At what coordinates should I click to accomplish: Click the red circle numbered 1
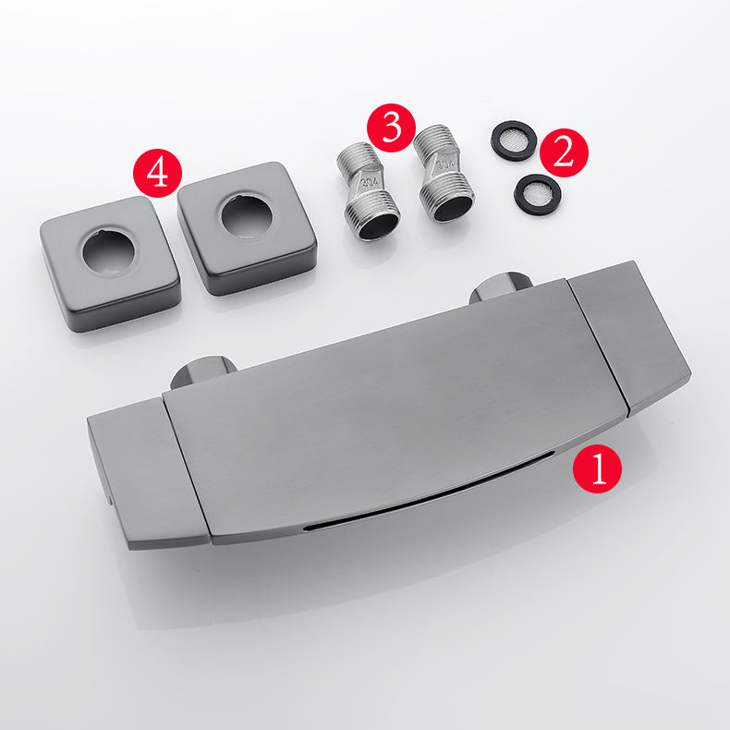(x=597, y=468)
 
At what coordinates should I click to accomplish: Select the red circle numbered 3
(x=391, y=128)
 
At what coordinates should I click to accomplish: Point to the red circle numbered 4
(x=158, y=173)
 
